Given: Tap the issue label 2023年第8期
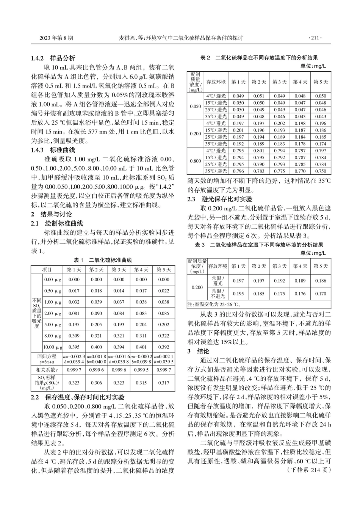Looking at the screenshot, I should tap(56, 38).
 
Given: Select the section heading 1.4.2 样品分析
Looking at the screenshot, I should tap(53, 58).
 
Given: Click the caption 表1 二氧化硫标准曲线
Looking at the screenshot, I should tap(103, 260).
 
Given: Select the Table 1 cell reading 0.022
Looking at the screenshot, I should tap(164, 291).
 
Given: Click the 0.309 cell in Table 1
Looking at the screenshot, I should tap(74, 336).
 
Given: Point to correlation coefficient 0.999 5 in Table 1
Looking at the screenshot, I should tap(141, 369).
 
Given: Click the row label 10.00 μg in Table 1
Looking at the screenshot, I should tap(52, 347).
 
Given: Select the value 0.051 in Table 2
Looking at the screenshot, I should tap(259, 96).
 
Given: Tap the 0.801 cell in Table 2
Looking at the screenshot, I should tap(259, 151).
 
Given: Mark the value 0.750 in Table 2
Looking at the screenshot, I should tap(320, 171).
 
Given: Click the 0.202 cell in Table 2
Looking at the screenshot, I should tap(279, 123).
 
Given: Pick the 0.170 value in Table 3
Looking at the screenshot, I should tap(320, 293).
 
